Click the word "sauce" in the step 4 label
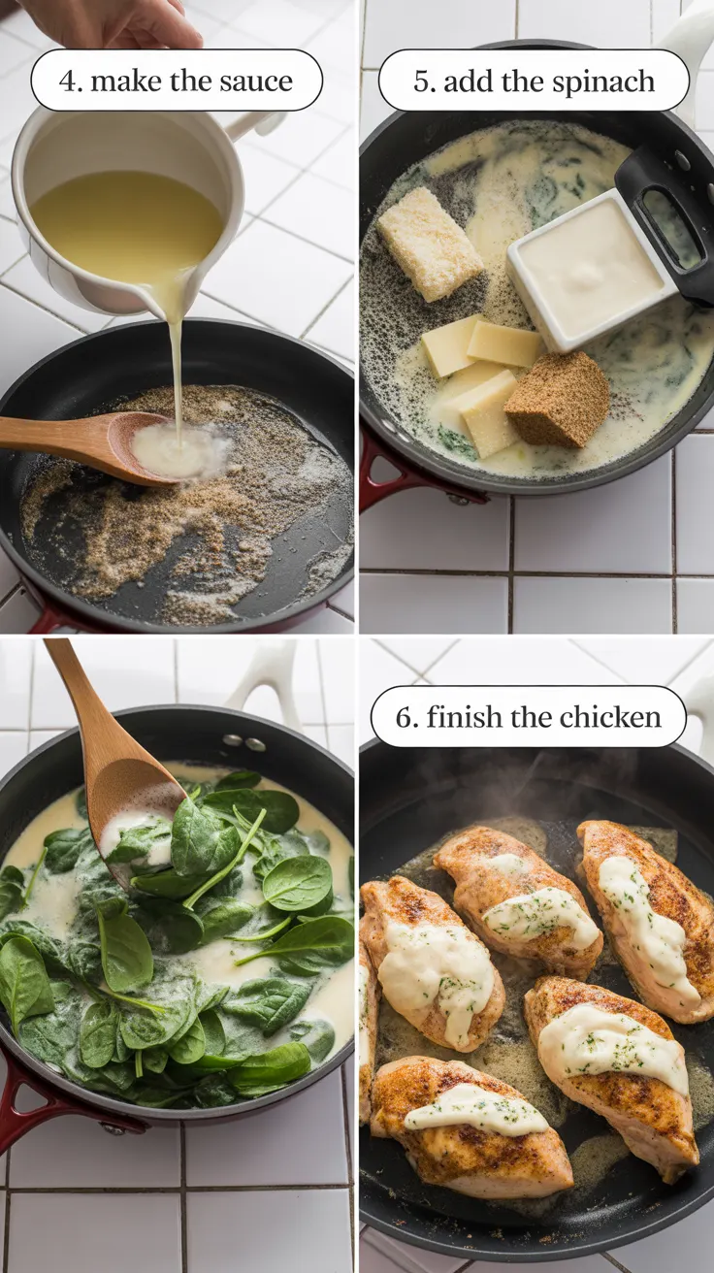coord(256,81)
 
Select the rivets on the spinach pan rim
coord(244,743)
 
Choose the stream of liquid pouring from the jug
coord(177,369)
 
